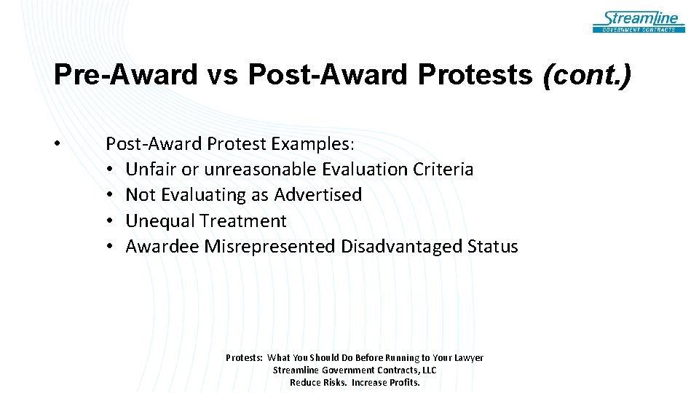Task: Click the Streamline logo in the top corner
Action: tap(639, 21)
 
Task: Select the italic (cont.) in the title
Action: tap(588, 75)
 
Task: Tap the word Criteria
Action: tap(443, 170)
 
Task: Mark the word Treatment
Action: tap(243, 221)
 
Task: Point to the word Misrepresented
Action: tap(269, 247)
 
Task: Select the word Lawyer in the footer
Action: tap(468, 357)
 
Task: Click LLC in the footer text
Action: tap(428, 370)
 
